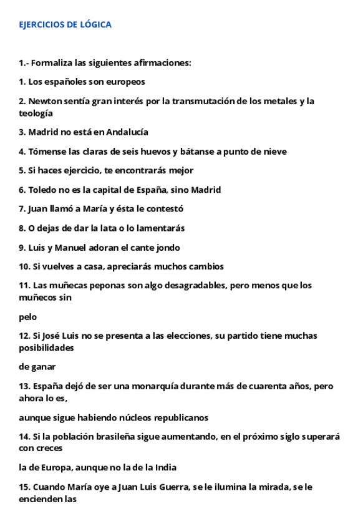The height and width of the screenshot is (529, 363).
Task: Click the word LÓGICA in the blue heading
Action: (x=96, y=25)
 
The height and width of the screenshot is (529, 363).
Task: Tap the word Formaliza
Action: (x=52, y=62)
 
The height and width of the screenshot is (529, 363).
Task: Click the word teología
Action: (x=36, y=113)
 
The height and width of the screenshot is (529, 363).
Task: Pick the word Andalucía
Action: (x=127, y=132)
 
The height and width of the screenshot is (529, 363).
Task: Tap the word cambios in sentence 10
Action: (x=206, y=266)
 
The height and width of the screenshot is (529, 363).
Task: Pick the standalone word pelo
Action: (x=27, y=317)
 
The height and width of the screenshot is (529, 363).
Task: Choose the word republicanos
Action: (x=186, y=417)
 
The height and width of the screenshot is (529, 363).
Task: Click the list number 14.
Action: (x=24, y=437)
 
